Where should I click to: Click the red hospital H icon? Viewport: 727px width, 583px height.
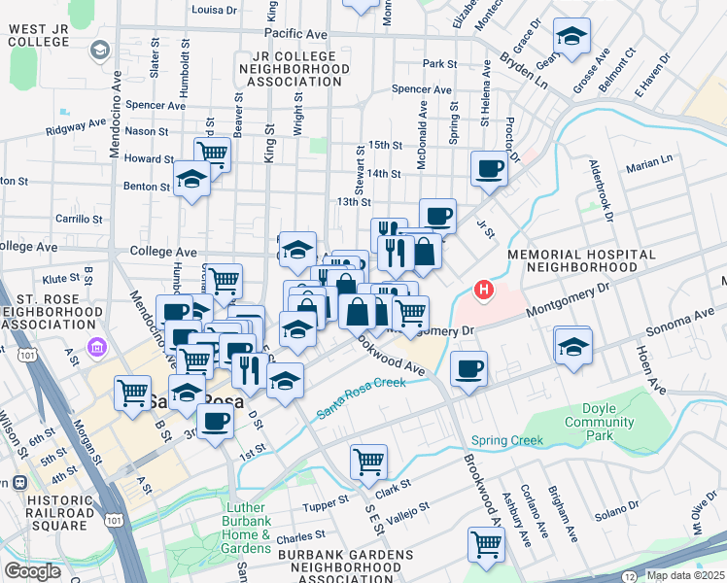click(482, 290)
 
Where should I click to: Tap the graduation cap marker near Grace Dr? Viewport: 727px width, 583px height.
click(572, 37)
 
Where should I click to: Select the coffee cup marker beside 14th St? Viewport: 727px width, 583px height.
click(489, 169)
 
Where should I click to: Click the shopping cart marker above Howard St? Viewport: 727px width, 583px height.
click(212, 153)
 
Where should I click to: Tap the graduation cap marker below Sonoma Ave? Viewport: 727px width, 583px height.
click(572, 346)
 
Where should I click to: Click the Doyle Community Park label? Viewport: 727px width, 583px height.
click(612, 423)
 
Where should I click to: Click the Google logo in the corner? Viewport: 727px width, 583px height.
click(32, 571)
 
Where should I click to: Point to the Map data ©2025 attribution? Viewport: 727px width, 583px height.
click(684, 575)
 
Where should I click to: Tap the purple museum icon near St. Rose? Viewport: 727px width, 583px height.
click(95, 347)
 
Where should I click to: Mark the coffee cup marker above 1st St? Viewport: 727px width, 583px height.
click(216, 421)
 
